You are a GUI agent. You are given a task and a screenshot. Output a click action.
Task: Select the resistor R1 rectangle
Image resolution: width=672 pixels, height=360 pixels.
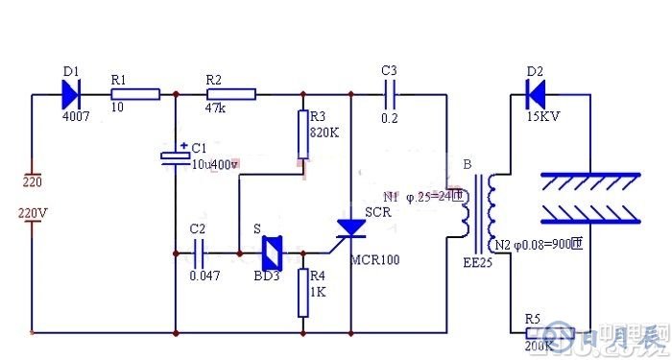(135, 94)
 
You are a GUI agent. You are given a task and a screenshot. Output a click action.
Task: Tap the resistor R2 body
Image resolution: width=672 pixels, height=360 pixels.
(231, 94)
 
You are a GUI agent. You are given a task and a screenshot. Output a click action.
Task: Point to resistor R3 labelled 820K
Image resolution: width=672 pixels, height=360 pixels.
(303, 134)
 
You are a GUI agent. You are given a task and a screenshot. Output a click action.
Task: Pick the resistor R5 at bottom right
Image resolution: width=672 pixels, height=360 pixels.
(550, 333)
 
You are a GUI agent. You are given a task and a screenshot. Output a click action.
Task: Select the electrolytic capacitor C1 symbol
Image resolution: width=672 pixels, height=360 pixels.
(176, 158)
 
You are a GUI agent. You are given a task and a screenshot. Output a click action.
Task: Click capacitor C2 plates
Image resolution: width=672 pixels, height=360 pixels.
(199, 253)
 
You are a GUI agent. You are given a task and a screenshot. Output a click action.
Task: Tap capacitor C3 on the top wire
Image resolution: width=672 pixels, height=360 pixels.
(389, 94)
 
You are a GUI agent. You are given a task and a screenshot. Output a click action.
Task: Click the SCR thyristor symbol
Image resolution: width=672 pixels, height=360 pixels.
(351, 228)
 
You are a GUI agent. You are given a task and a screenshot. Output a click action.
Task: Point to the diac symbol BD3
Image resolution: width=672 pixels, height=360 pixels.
(272, 253)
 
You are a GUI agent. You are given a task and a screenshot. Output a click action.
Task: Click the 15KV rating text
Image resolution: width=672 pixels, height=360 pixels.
(543, 116)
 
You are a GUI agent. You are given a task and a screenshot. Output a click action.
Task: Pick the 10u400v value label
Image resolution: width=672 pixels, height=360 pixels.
(214, 164)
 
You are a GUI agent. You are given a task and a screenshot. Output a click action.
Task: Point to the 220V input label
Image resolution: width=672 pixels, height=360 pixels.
(34, 213)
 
